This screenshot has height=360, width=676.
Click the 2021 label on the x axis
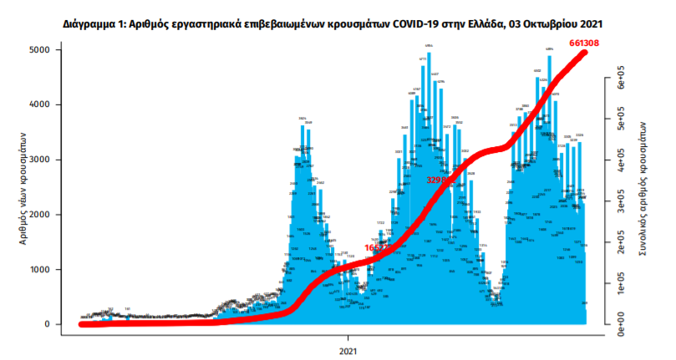[x=349, y=350]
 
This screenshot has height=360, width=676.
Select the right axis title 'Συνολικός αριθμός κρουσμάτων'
[x=644, y=187]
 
